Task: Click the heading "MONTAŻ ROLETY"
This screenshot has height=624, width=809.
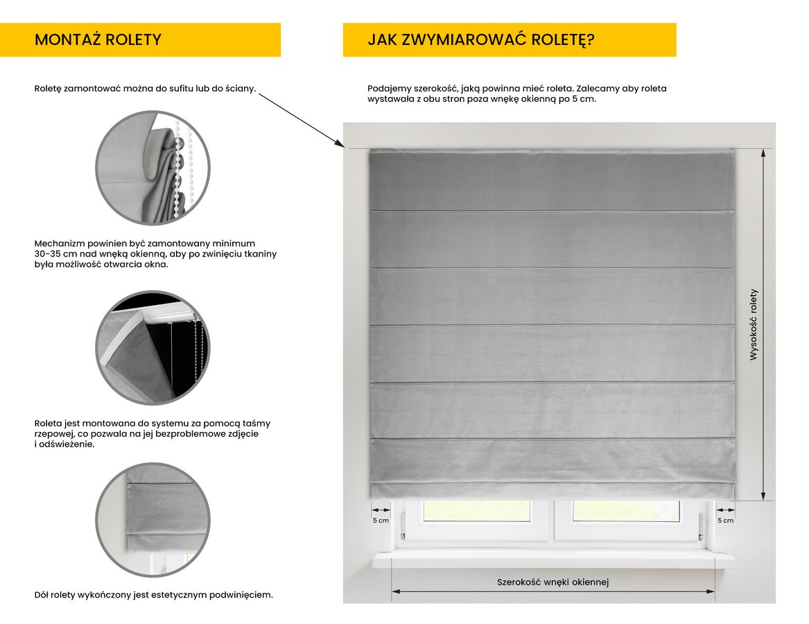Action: (98, 40)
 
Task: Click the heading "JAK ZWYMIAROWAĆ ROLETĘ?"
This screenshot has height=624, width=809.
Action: (480, 40)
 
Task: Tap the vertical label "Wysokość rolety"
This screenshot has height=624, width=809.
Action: (754, 324)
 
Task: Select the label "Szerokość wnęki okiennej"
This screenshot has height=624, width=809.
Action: (553, 582)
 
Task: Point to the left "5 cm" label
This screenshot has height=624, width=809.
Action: (381, 520)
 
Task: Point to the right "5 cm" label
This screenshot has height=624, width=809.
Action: (725, 520)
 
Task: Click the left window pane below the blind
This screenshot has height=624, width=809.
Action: (476, 511)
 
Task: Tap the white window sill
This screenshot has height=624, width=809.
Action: (553, 560)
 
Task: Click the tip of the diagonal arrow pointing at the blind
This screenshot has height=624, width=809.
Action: (344, 147)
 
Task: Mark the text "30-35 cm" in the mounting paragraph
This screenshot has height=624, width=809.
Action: (53, 254)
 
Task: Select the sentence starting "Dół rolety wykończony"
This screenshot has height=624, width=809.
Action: (153, 595)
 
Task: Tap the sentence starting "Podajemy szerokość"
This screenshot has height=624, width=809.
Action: (516, 89)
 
